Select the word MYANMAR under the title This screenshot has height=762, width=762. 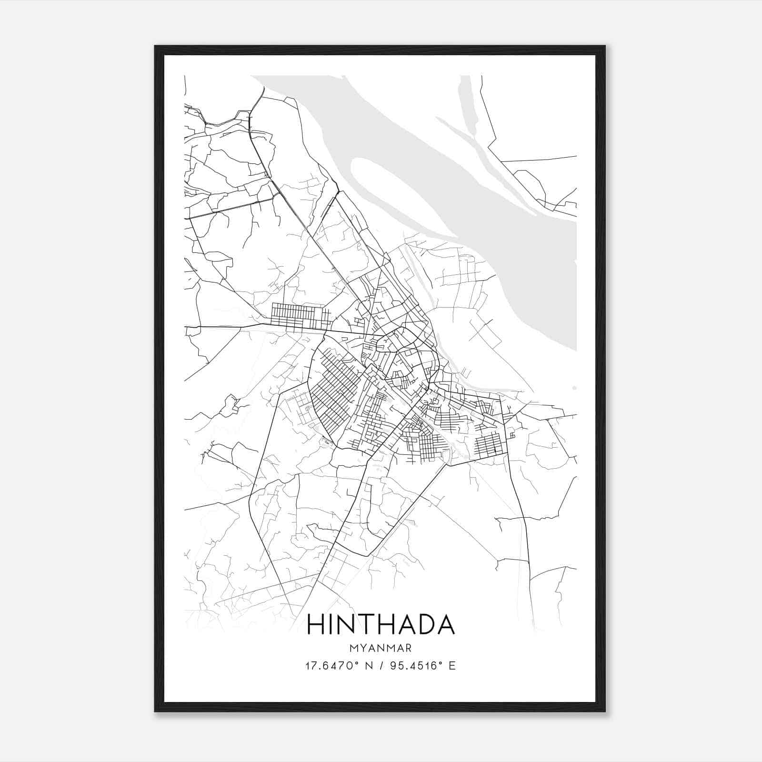point(381,648)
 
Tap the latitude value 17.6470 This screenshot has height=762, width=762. point(328,666)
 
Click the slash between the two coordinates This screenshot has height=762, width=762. point(380,666)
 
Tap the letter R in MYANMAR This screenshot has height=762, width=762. point(408,648)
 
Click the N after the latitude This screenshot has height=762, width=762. point(368,666)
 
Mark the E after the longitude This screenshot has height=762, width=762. point(452,666)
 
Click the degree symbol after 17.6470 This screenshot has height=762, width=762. point(355,663)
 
